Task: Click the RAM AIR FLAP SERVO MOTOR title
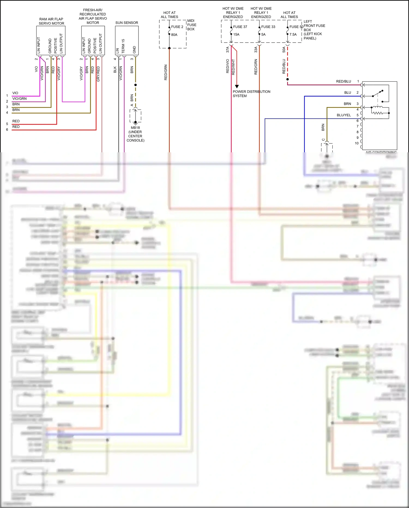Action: point(51,21)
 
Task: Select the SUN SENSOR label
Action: point(127,23)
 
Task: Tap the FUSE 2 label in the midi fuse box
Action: point(177,27)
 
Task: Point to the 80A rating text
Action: point(174,35)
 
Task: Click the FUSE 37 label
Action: point(240,27)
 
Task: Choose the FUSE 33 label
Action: point(268,27)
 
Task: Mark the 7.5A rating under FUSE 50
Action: point(293,34)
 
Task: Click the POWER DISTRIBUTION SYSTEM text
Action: point(251,94)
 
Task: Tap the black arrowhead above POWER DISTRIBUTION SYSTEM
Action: point(237,86)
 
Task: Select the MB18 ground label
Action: point(135,127)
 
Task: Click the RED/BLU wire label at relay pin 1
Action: point(343,81)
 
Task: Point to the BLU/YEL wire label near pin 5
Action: point(344,115)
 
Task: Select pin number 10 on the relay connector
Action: point(357,143)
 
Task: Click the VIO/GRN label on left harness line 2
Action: point(19,99)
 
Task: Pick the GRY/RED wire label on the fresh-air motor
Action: point(98,74)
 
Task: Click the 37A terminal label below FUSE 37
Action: point(227,50)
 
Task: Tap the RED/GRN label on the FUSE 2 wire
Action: point(166,72)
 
